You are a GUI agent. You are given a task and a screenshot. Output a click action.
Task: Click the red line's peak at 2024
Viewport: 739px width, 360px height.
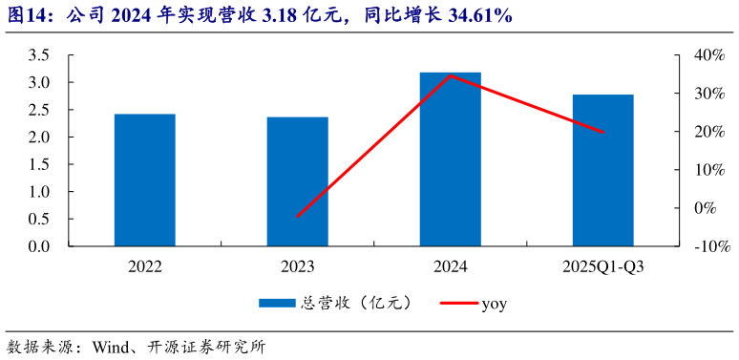pos(451,75)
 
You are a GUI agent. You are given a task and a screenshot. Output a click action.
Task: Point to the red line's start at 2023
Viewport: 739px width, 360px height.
pos(298,217)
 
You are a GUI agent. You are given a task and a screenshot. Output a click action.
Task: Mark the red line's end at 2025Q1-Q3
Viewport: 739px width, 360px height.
pos(603,132)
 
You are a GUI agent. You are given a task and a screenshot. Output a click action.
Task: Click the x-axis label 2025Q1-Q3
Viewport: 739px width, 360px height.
pos(603,266)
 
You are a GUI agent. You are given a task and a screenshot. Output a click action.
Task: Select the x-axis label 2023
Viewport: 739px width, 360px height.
pos(298,266)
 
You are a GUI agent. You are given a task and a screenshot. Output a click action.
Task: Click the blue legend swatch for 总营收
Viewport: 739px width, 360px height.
pos(277,304)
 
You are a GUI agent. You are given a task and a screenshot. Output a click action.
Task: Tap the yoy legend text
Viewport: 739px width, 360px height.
pos(494,304)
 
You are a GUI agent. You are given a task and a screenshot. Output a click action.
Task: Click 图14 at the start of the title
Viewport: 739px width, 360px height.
pos(23,17)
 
